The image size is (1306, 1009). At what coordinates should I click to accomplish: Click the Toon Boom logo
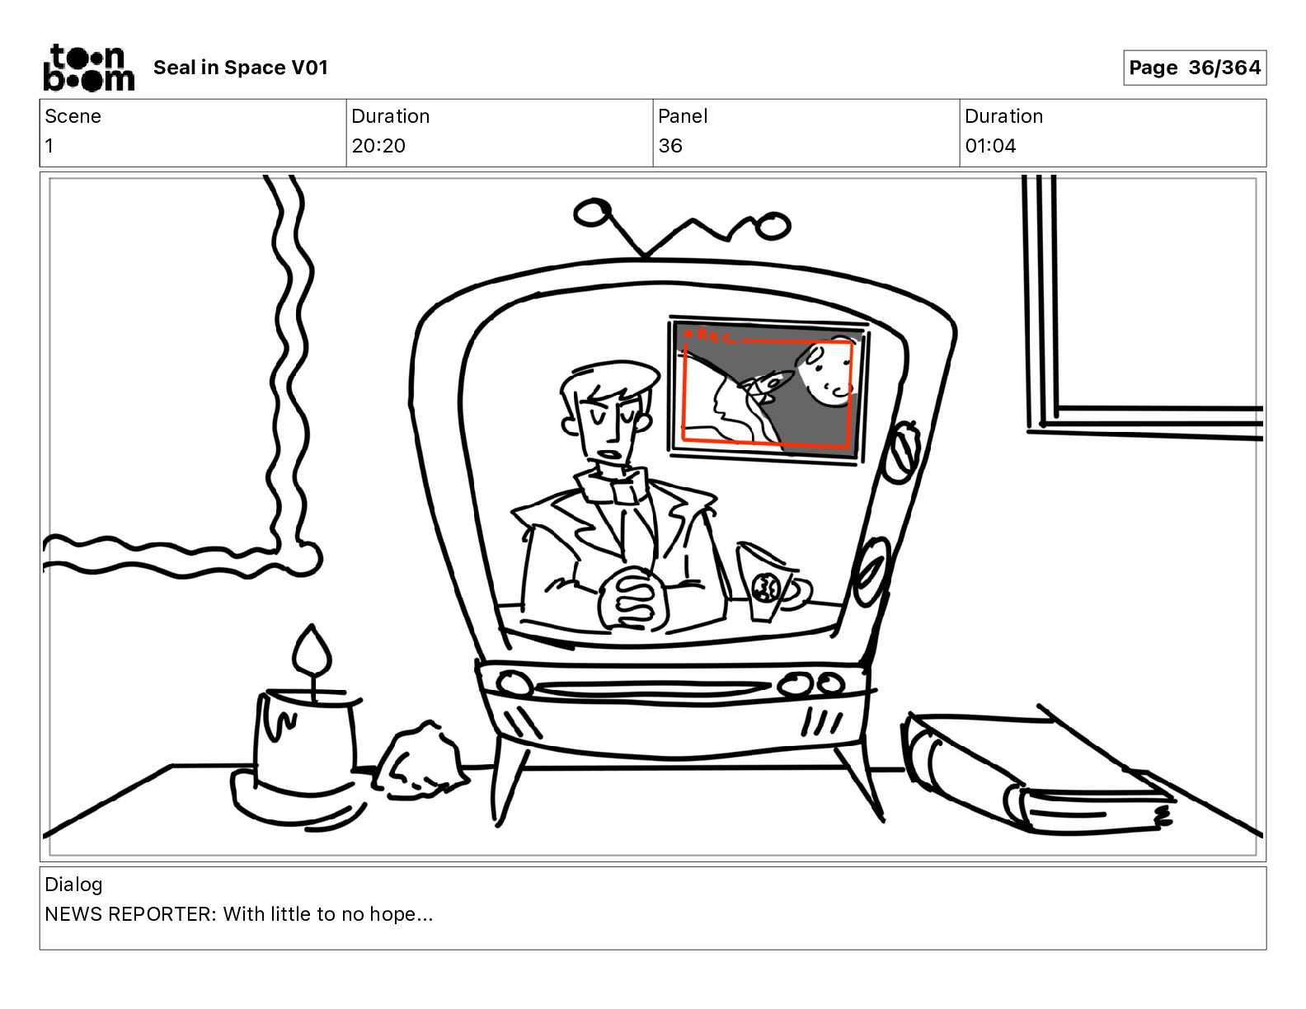pyautogui.click(x=89, y=68)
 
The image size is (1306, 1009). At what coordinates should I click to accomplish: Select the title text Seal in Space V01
pyautogui.click(x=241, y=68)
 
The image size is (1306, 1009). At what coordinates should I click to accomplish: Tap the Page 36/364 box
pyautogui.click(x=1194, y=68)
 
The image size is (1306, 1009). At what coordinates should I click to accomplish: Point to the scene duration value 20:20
pyautogui.click(x=378, y=145)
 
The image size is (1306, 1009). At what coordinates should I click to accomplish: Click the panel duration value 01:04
pyautogui.click(x=990, y=145)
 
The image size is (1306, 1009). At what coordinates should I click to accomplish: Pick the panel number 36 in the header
pyautogui.click(x=670, y=145)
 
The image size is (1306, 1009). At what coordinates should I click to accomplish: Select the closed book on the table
pyautogui.click(x=1036, y=772)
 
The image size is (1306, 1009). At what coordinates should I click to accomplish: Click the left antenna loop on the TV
pyautogui.click(x=593, y=212)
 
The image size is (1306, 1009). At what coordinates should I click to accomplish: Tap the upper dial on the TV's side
pyautogui.click(x=901, y=452)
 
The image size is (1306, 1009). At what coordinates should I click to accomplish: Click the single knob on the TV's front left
pyautogui.click(x=514, y=683)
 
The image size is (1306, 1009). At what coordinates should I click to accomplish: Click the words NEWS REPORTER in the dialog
pyautogui.click(x=129, y=914)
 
